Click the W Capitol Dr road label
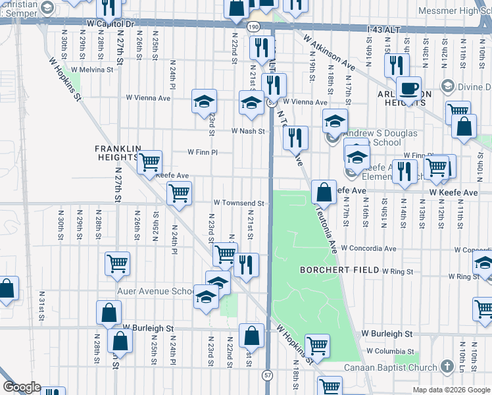[110, 23]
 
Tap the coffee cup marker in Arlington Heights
[408, 88]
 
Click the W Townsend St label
[239, 203]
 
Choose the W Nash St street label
[247, 131]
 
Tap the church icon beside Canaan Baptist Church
[447, 365]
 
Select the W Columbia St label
[390, 352]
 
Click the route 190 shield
[253, 28]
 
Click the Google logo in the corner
[22, 387]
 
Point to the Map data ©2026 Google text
[451, 390]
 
